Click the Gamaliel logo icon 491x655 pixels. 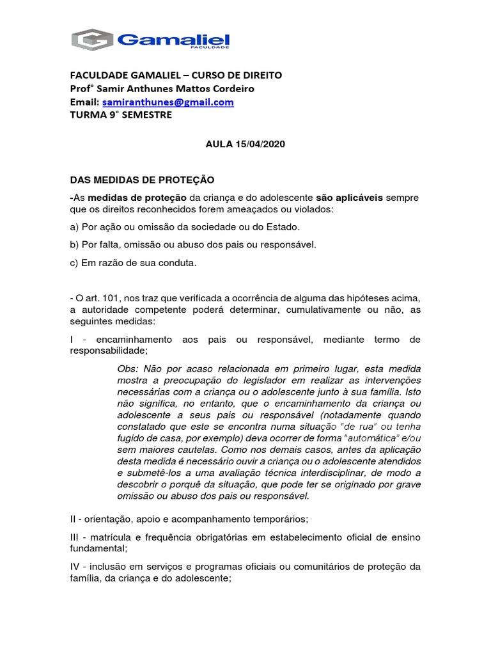(x=92, y=40)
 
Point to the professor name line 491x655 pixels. (x=166, y=88)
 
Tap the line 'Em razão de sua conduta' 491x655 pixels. (x=132, y=262)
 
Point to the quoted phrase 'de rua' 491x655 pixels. (x=344, y=427)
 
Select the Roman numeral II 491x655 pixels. (x=73, y=518)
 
